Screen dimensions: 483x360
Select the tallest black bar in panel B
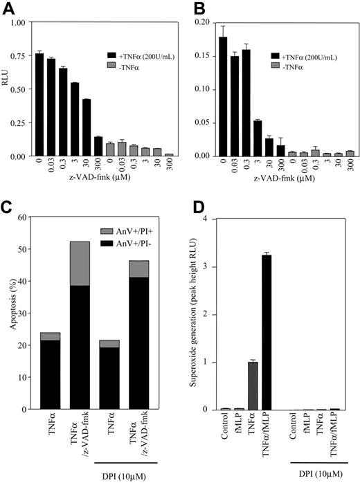coord(223,96)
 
